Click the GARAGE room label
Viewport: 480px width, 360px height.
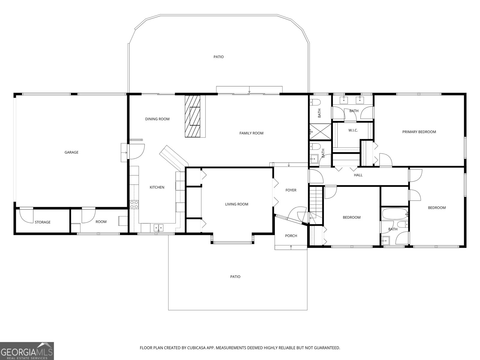[71, 152]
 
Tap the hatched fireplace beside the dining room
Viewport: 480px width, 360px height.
[193, 116]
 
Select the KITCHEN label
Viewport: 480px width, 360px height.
[157, 187]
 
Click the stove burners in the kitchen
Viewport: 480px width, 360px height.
[134, 205]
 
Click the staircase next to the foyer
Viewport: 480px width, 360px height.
[316, 198]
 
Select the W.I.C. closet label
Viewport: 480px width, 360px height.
[353, 130]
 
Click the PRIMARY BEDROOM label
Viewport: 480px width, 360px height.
[419, 132]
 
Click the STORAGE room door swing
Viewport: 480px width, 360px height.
[26, 215]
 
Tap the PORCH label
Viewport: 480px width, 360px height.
[291, 236]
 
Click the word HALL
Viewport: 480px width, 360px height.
[358, 175]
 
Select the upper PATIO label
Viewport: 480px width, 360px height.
[218, 57]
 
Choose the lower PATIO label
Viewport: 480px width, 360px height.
[235, 277]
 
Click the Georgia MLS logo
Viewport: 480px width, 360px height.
[27, 351]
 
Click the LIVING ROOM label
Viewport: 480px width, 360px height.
[237, 204]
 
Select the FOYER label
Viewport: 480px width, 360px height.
[291, 190]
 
